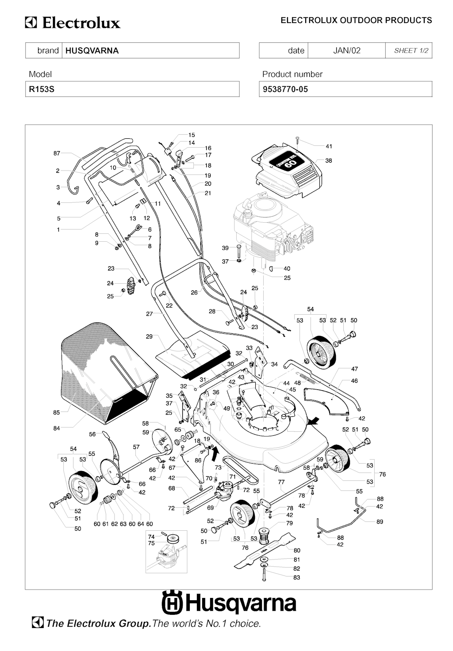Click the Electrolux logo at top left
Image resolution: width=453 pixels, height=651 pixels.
pyautogui.click(x=73, y=23)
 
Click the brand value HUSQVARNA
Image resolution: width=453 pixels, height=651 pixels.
pyautogui.click(x=92, y=50)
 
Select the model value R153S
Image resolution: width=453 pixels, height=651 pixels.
pyautogui.click(x=42, y=89)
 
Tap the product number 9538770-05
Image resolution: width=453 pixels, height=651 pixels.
pyautogui.click(x=285, y=89)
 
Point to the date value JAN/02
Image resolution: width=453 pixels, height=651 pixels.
pyautogui.click(x=346, y=50)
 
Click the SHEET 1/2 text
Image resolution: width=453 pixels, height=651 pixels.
pyautogui.click(x=411, y=50)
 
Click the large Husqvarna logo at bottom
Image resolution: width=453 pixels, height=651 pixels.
pyautogui.click(x=229, y=603)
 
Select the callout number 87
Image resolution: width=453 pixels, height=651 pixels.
pyautogui.click(x=57, y=153)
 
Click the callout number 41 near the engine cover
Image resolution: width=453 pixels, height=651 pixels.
pyautogui.click(x=329, y=146)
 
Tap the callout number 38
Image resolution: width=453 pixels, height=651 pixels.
pyautogui.click(x=328, y=160)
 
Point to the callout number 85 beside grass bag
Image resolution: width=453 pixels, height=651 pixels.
pyautogui.click(x=56, y=413)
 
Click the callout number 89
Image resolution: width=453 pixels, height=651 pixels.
pyautogui.click(x=380, y=522)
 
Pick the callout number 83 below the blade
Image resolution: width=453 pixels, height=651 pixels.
pyautogui.click(x=296, y=577)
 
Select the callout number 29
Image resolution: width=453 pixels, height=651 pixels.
pyautogui.click(x=149, y=336)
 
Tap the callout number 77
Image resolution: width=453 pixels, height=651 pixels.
pyautogui.click(x=281, y=482)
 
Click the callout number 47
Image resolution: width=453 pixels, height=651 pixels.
pyautogui.click(x=354, y=369)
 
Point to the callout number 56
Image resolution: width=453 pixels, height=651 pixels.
pyautogui.click(x=92, y=434)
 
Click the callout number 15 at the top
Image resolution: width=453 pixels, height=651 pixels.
pyautogui.click(x=192, y=135)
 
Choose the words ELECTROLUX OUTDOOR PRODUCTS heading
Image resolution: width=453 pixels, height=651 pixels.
pyautogui.click(x=356, y=20)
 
